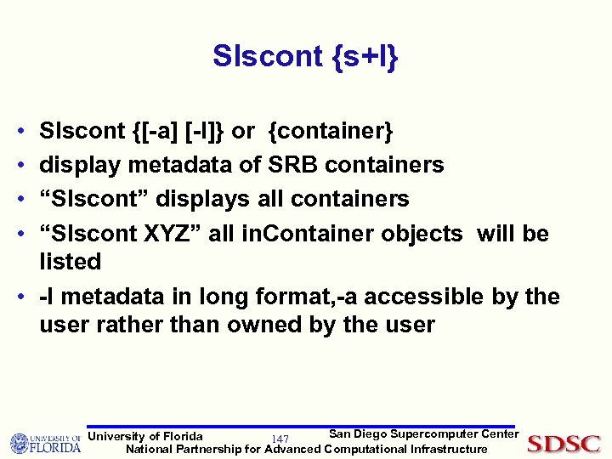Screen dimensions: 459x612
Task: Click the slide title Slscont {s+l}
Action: click(x=306, y=57)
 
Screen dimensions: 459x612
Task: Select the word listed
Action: click(x=71, y=262)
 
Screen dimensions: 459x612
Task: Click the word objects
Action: click(x=421, y=234)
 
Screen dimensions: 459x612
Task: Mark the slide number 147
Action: click(x=280, y=439)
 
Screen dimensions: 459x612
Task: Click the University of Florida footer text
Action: click(x=146, y=436)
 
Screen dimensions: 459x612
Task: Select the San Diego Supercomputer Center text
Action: click(x=423, y=433)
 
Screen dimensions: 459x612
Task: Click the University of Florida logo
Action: click(x=44, y=443)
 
